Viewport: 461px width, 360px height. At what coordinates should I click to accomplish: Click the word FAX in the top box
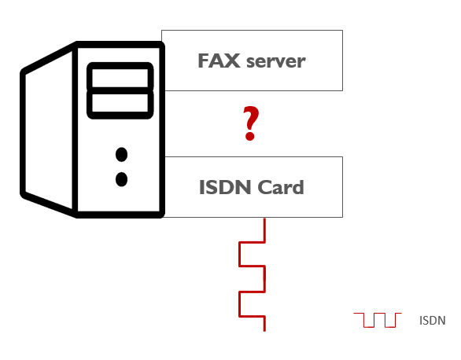219,61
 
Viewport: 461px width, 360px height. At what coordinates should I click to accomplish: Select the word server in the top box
276,62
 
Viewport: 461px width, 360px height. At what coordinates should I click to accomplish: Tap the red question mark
250,123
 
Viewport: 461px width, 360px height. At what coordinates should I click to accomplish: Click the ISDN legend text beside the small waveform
432,321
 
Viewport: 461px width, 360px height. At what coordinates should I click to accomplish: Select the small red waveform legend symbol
378,320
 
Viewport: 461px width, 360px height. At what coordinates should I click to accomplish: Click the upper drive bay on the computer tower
120,78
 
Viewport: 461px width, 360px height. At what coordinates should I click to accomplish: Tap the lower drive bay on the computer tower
120,103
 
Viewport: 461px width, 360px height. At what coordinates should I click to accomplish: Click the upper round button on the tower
121,154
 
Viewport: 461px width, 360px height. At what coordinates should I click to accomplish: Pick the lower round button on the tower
121,179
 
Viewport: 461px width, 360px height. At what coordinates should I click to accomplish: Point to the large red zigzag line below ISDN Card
253,279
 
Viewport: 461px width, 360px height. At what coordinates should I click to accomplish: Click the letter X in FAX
230,61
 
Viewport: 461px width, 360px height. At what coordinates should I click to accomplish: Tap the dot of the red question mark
250,136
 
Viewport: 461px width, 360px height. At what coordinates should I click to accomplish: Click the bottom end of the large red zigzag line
264,331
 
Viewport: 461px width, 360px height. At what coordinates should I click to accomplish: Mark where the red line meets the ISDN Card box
264,218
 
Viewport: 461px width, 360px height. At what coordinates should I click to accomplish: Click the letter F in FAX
204,61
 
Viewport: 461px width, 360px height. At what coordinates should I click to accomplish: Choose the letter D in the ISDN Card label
224,187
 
